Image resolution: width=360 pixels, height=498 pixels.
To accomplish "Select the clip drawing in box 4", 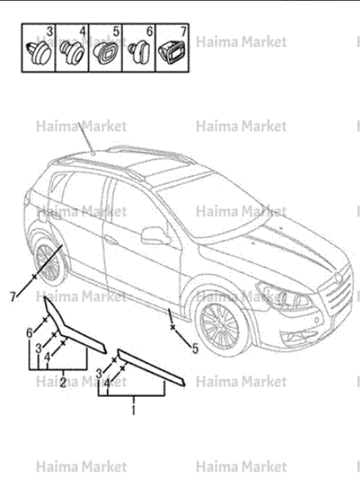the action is pos(72,51).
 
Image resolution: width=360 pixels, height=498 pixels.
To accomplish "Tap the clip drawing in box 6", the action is pos(139,51).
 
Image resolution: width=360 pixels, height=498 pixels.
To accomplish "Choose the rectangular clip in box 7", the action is pos(172,51).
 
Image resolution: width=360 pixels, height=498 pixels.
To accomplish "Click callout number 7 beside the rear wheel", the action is pos(13,297).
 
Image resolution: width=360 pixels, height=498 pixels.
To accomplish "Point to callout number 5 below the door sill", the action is pos(195,349).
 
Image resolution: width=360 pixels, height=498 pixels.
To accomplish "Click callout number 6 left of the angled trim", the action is pos(30,333).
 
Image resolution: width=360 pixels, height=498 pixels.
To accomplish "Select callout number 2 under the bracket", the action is pos(63,382).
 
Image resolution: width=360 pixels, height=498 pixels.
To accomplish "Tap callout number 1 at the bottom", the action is pos(133,410).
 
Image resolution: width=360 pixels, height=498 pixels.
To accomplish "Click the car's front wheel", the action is pos(220,326).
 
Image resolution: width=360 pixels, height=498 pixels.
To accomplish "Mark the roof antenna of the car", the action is pos(86,138).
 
